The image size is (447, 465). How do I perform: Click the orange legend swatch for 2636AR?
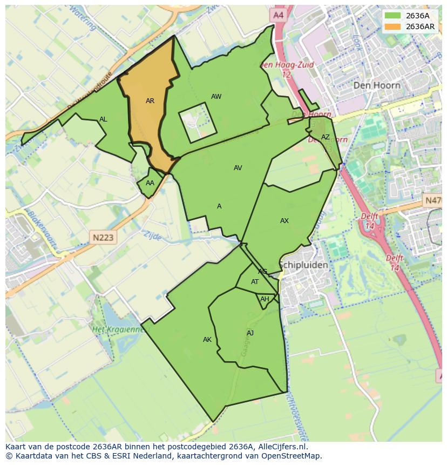393,26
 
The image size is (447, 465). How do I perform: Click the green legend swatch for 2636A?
393,16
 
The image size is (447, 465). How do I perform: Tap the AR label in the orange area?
150,101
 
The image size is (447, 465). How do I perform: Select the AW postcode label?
216,97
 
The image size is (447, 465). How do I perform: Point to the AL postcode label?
103,119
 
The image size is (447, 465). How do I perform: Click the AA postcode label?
150,183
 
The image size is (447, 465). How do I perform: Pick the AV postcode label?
238,168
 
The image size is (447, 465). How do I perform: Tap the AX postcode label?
285,221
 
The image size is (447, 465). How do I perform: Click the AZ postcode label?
325,137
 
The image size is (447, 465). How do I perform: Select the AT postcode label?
255,282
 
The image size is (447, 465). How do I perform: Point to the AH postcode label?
265,299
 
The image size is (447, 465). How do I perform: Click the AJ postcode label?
250,333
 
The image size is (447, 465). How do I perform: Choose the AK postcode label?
207,340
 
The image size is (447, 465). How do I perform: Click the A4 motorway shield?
278,16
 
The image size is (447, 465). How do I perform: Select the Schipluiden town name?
303,265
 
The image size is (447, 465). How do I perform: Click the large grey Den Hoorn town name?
377,85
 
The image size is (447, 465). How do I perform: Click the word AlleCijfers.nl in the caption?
282,447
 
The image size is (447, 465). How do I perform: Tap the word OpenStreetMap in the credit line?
295,456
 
